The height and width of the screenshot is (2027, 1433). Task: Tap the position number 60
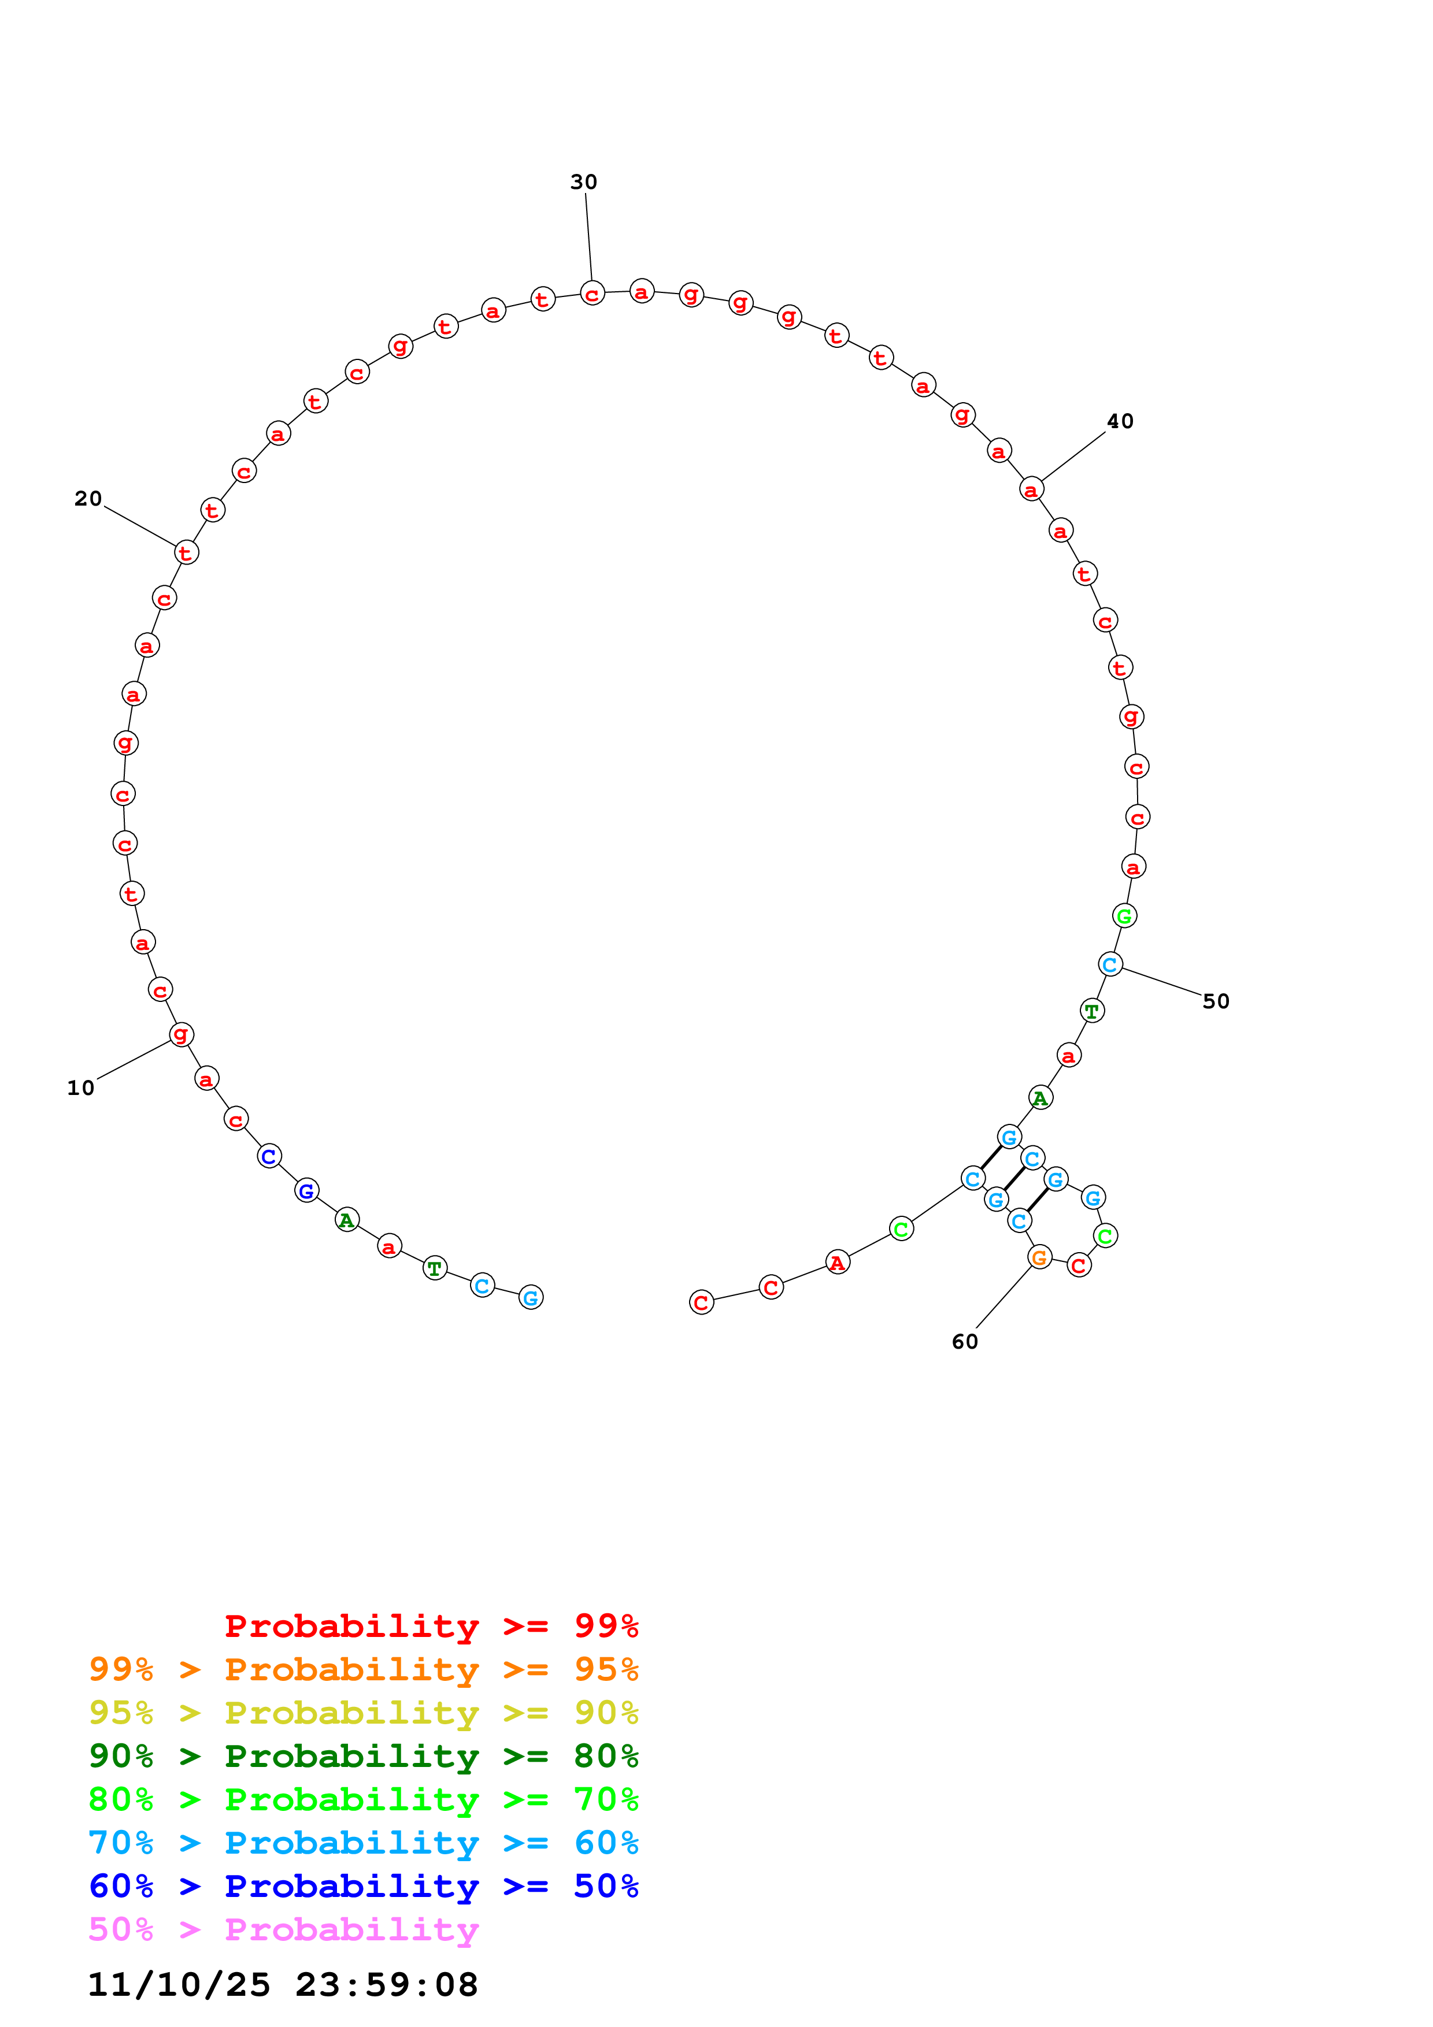pos(964,1342)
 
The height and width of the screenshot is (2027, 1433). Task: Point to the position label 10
pos(80,1087)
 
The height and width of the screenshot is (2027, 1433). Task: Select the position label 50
pos(1215,1001)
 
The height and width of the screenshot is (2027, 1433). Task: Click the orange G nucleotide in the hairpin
pos(1040,1257)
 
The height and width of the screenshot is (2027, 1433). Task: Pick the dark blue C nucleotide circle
pos(269,1157)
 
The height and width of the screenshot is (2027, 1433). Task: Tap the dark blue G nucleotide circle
pos(306,1191)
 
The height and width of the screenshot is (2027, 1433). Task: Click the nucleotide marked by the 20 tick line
pos(186,552)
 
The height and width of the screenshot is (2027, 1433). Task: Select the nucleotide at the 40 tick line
pos(1031,489)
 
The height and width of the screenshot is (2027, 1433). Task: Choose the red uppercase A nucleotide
pos(837,1263)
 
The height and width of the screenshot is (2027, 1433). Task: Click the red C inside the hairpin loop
pos(1079,1265)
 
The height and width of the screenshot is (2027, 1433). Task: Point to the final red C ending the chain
pos(701,1302)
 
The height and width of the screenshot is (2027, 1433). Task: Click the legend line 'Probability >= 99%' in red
pos(431,1625)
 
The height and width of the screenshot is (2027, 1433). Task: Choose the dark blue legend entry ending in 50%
pos(363,1886)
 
